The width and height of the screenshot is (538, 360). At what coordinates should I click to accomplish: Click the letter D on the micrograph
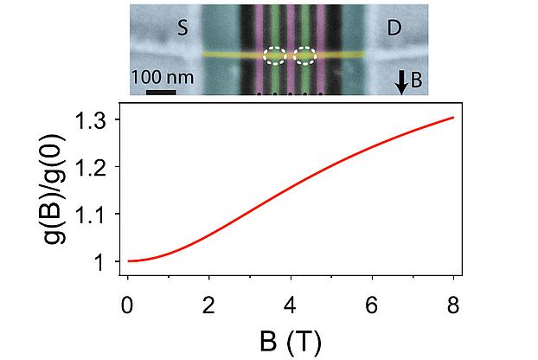[x=394, y=28]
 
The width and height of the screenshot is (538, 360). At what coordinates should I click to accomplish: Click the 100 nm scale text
[x=162, y=77]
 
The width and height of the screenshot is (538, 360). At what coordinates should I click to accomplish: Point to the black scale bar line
[x=161, y=90]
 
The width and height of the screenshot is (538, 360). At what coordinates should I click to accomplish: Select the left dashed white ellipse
[x=275, y=55]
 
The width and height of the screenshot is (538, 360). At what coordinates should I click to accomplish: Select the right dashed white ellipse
[x=306, y=55]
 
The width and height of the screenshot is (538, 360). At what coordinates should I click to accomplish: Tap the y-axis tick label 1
[x=105, y=261]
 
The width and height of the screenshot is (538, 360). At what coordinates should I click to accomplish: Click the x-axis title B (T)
[x=290, y=341]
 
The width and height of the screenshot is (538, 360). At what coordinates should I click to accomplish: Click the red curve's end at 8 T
[x=453, y=118]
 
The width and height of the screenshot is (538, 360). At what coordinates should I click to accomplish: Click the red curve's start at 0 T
[x=128, y=260]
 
